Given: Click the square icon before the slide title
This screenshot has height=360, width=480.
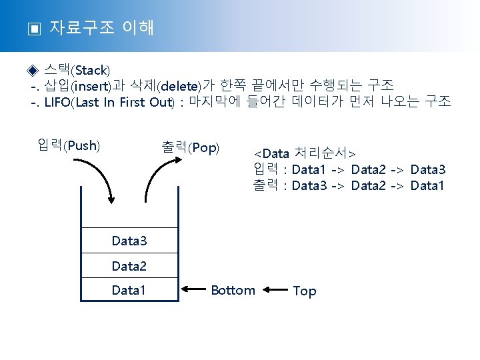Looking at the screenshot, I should pos(35,29).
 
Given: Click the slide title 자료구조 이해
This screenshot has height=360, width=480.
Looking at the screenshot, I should pos(102,27).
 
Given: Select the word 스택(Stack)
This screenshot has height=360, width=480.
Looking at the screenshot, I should pos(77,70).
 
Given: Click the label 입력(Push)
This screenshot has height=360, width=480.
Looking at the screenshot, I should pos(69,145).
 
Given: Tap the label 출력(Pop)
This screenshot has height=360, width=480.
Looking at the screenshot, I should pos(190,147).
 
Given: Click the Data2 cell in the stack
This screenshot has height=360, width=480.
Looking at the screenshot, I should pos(129,266).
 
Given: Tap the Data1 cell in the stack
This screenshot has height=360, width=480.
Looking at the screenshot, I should pos(129,290).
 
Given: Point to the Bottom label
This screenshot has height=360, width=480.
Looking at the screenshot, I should pos(233,290).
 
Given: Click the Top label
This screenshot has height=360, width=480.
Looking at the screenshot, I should pos(305,291).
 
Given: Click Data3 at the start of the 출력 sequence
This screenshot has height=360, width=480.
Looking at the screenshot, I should pos(309,185).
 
